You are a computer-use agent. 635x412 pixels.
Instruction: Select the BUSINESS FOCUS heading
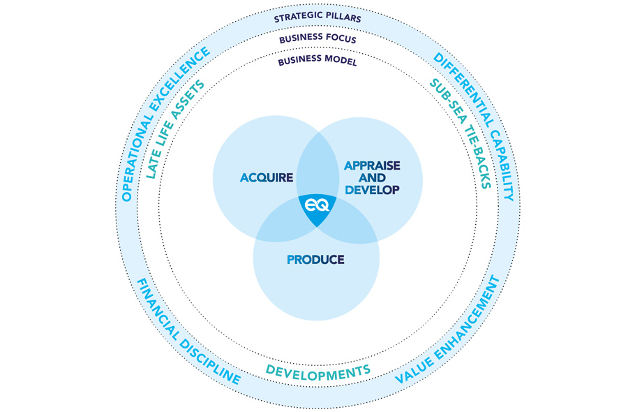click(x=317, y=38)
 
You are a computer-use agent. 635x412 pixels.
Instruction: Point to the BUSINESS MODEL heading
click(x=317, y=61)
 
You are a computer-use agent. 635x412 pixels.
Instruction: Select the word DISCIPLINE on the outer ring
click(x=210, y=362)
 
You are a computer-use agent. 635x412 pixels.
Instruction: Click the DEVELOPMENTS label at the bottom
click(x=318, y=372)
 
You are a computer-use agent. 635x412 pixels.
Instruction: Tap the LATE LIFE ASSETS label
click(x=174, y=129)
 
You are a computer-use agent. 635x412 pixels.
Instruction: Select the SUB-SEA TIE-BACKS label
click(x=461, y=133)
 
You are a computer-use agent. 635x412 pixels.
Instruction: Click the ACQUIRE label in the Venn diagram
click(x=267, y=177)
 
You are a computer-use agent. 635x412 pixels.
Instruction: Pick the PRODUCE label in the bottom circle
click(x=315, y=260)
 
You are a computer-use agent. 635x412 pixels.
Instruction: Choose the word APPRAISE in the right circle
click(x=372, y=165)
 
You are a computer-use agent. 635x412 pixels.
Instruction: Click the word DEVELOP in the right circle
click(x=372, y=190)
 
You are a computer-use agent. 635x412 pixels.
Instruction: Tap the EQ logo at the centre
click(x=317, y=206)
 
